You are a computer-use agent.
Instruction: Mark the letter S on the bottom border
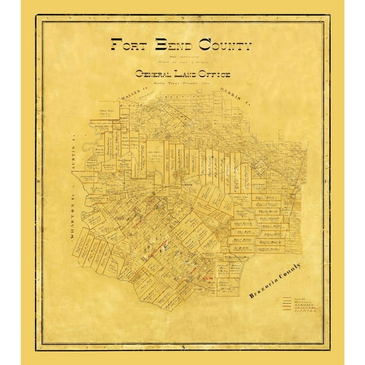click(x=183, y=348)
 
